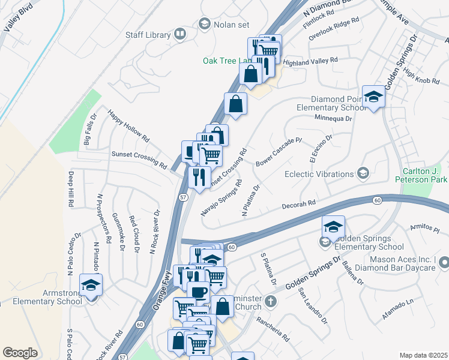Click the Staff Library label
[x=148, y=35]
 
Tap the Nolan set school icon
[x=204, y=23]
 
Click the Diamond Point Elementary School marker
[x=373, y=97]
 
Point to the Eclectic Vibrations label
[x=319, y=174]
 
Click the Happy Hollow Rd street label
[x=128, y=125]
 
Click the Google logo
[x=20, y=352]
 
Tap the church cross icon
[x=271, y=301]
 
